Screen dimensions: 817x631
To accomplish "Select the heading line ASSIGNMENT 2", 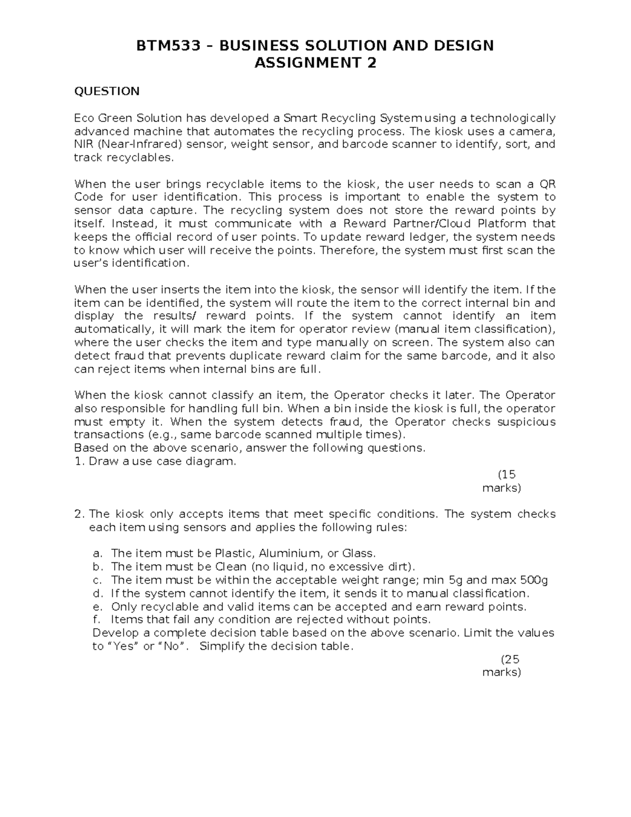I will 315,63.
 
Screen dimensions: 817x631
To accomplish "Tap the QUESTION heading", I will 107,92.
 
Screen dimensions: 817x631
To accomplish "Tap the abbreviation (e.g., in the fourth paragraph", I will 158,435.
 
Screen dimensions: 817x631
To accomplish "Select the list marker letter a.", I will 96,553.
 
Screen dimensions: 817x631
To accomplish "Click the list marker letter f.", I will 96,619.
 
